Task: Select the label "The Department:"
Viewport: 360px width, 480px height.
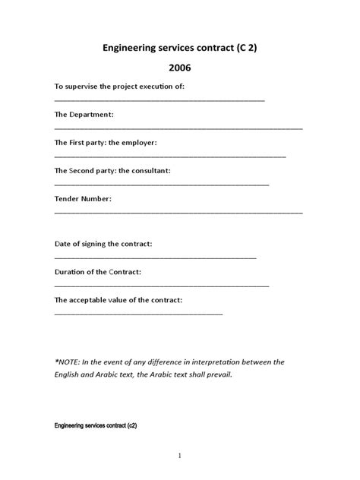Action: click(84, 114)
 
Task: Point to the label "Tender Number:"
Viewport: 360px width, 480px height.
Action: click(83, 198)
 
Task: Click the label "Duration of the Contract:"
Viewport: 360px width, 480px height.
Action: click(98, 271)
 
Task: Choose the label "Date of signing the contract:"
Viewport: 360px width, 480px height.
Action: click(103, 244)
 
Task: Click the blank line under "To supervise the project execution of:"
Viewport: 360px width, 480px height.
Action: click(159, 100)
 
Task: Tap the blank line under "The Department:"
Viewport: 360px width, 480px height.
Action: click(178, 128)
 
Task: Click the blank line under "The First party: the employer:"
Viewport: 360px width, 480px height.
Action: click(170, 156)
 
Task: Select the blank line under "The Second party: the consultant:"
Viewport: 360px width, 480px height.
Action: click(162, 184)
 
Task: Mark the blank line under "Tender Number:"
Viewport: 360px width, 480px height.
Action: click(178, 212)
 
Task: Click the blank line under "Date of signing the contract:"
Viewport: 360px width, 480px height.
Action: click(155, 257)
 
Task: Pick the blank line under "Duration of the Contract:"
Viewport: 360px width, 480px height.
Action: click(162, 286)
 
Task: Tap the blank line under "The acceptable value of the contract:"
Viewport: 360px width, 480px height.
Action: click(138, 314)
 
